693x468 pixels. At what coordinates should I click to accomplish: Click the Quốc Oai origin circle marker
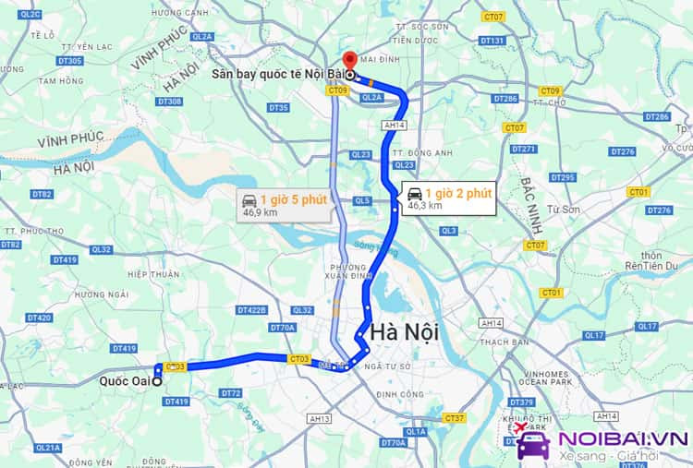point(157,381)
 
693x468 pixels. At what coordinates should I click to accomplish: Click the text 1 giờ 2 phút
point(458,193)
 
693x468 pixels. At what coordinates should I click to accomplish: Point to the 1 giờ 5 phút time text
point(293,199)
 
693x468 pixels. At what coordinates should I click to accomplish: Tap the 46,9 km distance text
point(260,212)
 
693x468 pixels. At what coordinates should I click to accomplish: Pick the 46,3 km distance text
point(424,206)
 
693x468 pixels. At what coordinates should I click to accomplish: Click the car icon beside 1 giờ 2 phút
point(415,193)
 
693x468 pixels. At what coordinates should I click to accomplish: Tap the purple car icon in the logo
point(533,445)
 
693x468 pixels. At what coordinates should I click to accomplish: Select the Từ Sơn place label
point(563,210)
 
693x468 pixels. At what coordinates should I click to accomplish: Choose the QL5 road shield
point(361,200)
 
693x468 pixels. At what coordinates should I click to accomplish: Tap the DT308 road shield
point(169,101)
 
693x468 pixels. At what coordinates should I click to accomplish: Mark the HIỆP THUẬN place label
point(153,274)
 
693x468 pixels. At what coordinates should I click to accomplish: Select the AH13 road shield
point(320,418)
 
